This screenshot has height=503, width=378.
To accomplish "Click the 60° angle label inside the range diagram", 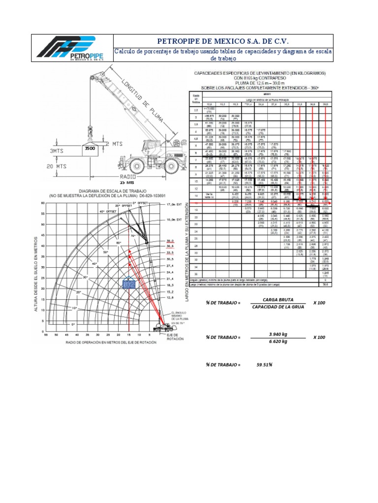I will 119,243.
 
